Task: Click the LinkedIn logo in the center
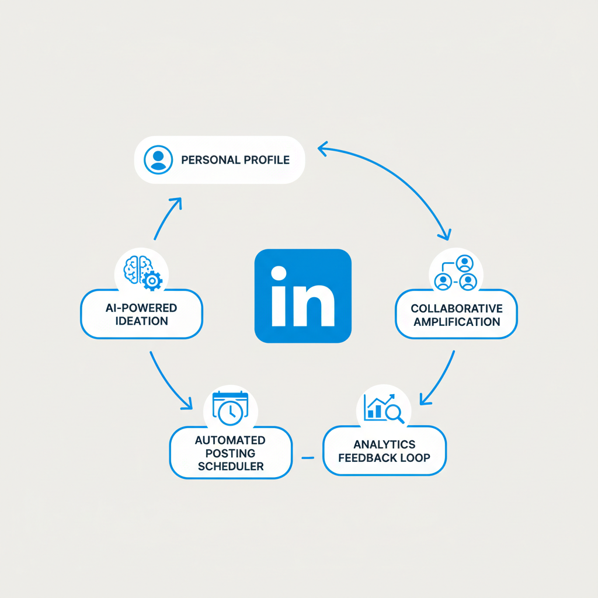[303, 295]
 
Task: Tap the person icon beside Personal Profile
[158, 159]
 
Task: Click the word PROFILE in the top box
[266, 159]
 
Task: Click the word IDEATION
[141, 321]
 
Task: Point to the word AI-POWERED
[141, 308]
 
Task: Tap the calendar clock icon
[230, 408]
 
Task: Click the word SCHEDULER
[230, 466]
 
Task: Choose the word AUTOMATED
[230, 440]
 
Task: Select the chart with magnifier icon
[384, 408]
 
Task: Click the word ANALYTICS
[384, 445]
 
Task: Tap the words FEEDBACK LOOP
[384, 458]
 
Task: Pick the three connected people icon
[456, 273]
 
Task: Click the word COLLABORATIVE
[456, 308]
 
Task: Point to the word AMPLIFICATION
[456, 322]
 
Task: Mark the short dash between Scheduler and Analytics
[307, 457]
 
